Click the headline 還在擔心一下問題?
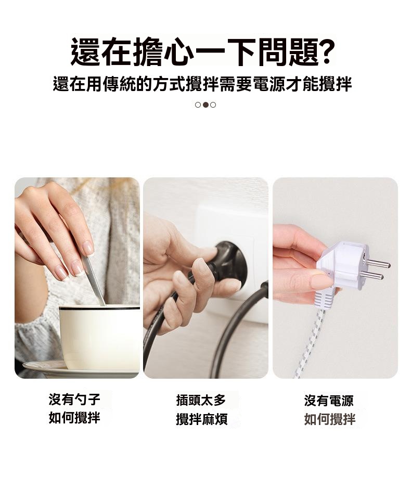202,52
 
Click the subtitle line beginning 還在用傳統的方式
202,84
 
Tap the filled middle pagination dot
205,105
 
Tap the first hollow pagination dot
198,105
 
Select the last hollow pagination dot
213,105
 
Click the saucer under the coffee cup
80,369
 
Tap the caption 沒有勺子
74,400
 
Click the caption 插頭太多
201,401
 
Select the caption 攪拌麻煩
202,419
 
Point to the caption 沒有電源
329,401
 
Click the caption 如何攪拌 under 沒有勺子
74,418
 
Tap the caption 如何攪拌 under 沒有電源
330,419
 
